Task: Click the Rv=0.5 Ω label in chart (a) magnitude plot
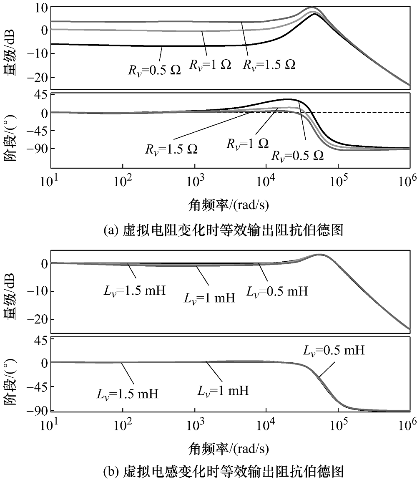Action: [x=154, y=69]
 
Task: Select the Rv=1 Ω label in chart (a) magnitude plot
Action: [x=210, y=65]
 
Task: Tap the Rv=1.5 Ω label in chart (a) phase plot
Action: [x=171, y=149]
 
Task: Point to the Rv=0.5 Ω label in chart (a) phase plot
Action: [x=297, y=156]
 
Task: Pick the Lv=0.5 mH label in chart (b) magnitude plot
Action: [x=277, y=291]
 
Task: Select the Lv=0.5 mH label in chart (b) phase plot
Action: [x=334, y=350]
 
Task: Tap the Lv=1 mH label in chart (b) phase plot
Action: [x=223, y=391]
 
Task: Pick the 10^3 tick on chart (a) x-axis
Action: [x=194, y=183]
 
